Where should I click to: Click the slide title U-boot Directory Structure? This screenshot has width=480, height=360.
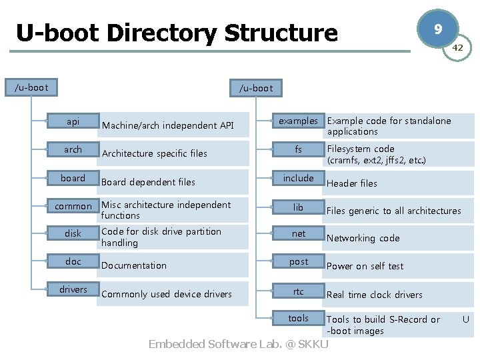point(177,33)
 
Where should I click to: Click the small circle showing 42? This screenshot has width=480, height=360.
point(457,48)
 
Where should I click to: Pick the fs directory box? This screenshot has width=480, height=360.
point(298,150)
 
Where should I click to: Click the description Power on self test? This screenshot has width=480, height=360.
point(365,266)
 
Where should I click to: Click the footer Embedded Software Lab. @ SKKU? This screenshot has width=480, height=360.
point(238,345)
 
